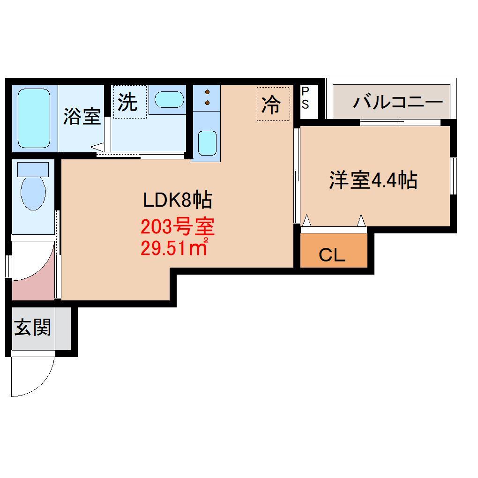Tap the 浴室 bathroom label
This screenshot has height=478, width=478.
coord(82,117)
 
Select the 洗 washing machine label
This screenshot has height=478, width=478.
coord(127,102)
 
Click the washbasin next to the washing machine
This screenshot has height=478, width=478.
coord(169,99)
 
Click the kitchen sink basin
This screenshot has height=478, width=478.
coord(206,142)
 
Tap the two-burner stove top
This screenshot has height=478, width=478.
coord(207,96)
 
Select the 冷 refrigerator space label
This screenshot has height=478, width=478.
coord(271,104)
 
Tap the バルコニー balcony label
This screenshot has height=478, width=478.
coord(398,102)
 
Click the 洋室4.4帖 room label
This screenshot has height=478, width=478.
coord(373,180)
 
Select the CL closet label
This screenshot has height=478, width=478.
coord(332,255)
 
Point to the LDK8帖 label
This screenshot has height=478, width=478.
coord(178,201)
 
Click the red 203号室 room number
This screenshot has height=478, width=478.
coord(178,228)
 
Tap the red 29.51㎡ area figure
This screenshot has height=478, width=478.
coord(174,247)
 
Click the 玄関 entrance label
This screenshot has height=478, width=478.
coord(32,327)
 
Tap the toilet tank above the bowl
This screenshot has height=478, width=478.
coord(33,169)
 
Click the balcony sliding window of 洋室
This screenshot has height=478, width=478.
coord(400,123)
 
